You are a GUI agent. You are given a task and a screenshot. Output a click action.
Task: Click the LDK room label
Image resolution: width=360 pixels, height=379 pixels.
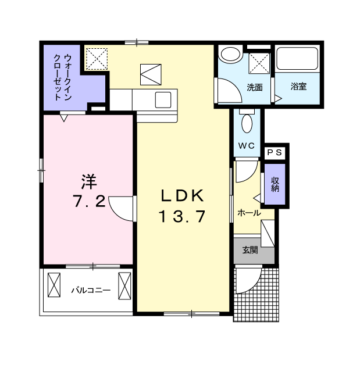coord(182,196)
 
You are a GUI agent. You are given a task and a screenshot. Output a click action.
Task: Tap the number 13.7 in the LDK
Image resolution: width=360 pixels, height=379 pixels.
coord(182,216)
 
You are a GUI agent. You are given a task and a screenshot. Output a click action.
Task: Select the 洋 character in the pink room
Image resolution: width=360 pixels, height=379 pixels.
coord(89,182)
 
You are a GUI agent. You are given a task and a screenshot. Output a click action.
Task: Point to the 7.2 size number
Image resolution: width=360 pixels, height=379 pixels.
coord(89,201)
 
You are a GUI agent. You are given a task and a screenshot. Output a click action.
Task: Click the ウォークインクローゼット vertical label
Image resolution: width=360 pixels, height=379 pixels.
coord(63,77)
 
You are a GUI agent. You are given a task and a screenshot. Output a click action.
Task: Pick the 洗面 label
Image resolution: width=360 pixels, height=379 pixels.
coord(255,88)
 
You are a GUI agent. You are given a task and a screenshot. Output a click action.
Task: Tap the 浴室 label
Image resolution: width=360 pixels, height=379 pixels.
coord(298,86)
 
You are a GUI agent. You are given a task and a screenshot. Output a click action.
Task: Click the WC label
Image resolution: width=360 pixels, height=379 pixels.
coord(247,145)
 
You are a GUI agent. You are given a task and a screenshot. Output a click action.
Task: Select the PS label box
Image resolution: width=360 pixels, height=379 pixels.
coord(275,152)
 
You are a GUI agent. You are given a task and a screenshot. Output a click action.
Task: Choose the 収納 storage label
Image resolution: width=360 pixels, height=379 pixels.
coord(275,184)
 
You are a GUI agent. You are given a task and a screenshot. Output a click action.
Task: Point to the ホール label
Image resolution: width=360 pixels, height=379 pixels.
coord(249,213)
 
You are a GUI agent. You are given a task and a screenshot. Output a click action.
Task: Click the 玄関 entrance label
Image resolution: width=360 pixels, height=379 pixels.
coord(250,250)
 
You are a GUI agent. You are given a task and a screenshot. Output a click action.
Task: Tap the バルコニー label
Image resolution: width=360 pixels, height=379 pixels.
coord(91,290)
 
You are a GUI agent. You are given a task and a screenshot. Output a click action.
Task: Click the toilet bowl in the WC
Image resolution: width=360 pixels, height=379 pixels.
coord(247,123)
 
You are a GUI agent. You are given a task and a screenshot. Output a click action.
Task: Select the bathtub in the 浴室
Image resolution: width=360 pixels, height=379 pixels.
coord(297,59)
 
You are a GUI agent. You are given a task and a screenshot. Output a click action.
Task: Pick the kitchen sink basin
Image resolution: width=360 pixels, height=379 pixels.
coord(163,100)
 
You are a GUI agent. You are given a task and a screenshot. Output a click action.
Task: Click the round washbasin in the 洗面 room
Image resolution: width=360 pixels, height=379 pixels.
coord(230,53)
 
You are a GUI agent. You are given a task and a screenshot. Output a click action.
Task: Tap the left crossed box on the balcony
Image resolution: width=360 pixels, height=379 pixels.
coord(54,285)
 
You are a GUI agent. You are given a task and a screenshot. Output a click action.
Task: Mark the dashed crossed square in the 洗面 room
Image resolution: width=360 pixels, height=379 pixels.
coord(259,63)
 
